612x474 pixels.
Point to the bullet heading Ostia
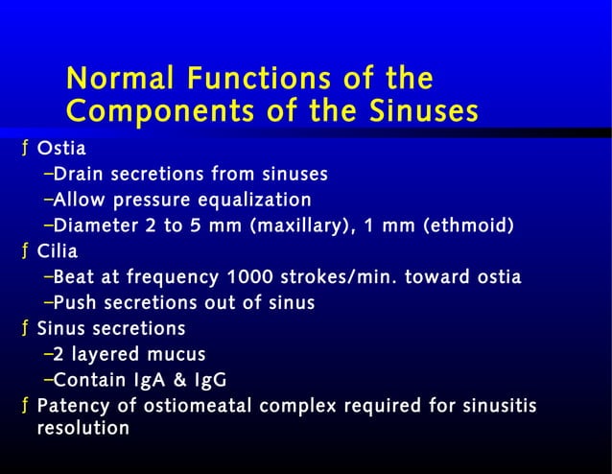[x=60, y=149]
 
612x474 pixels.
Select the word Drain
[x=78, y=175]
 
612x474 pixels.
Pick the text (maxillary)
[x=298, y=226]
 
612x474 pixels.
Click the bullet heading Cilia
[x=57, y=252]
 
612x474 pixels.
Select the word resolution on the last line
[x=82, y=429]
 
